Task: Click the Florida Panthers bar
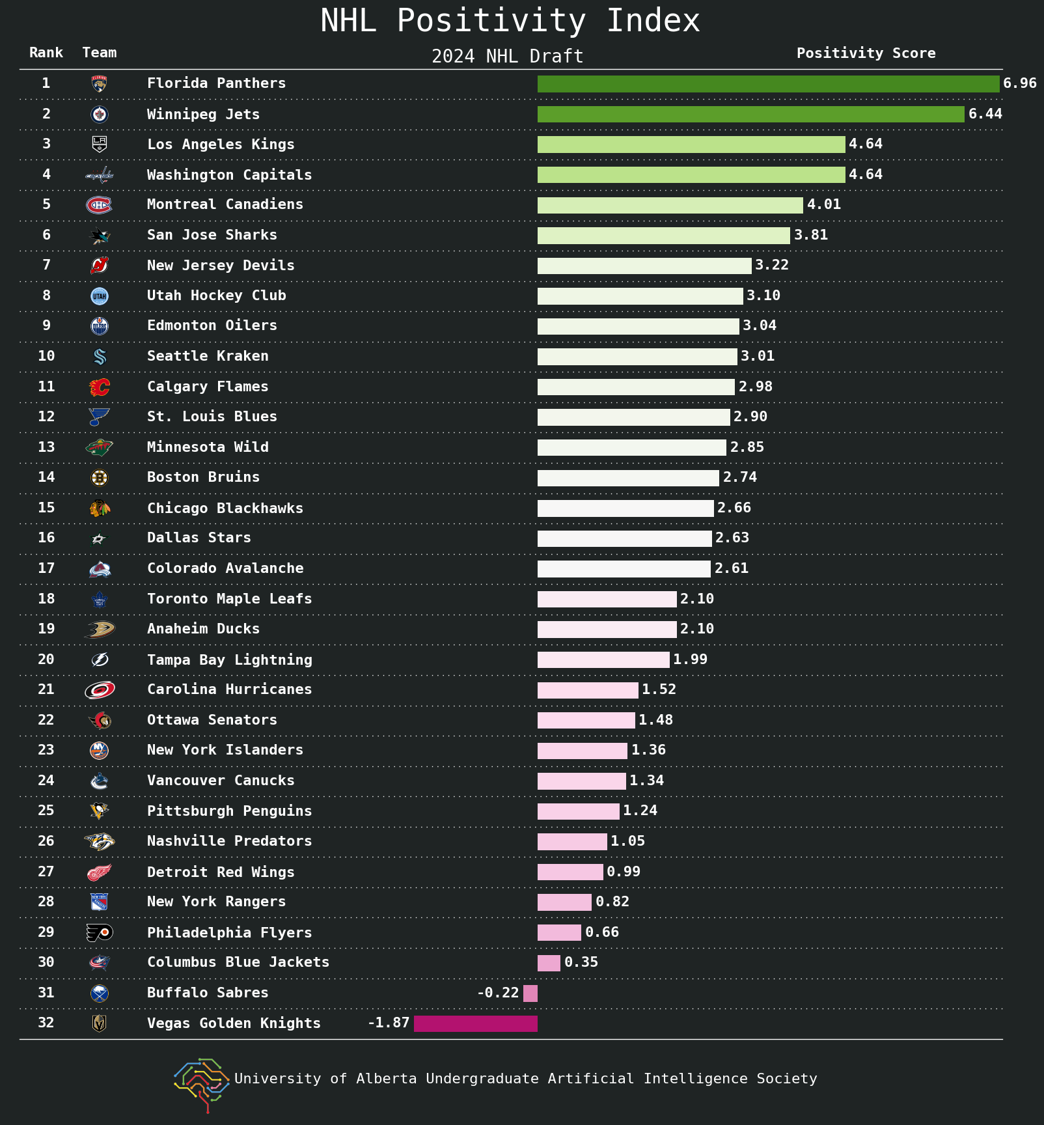point(768,83)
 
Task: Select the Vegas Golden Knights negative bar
point(476,1023)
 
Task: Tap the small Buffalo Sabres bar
point(530,993)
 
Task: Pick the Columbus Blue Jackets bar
point(549,963)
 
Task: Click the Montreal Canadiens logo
point(99,205)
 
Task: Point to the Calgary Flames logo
point(99,387)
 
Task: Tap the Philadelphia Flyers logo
point(99,933)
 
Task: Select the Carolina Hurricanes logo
point(99,690)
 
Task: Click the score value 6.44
point(985,114)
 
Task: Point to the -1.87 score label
point(389,1023)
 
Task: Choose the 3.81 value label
point(811,235)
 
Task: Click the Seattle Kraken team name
point(208,356)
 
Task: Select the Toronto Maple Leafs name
point(229,599)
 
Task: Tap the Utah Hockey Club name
point(216,296)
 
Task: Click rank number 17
point(46,568)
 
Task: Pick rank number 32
point(46,1023)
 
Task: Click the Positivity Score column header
point(866,53)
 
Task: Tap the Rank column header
point(46,53)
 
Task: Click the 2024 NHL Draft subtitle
point(507,57)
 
